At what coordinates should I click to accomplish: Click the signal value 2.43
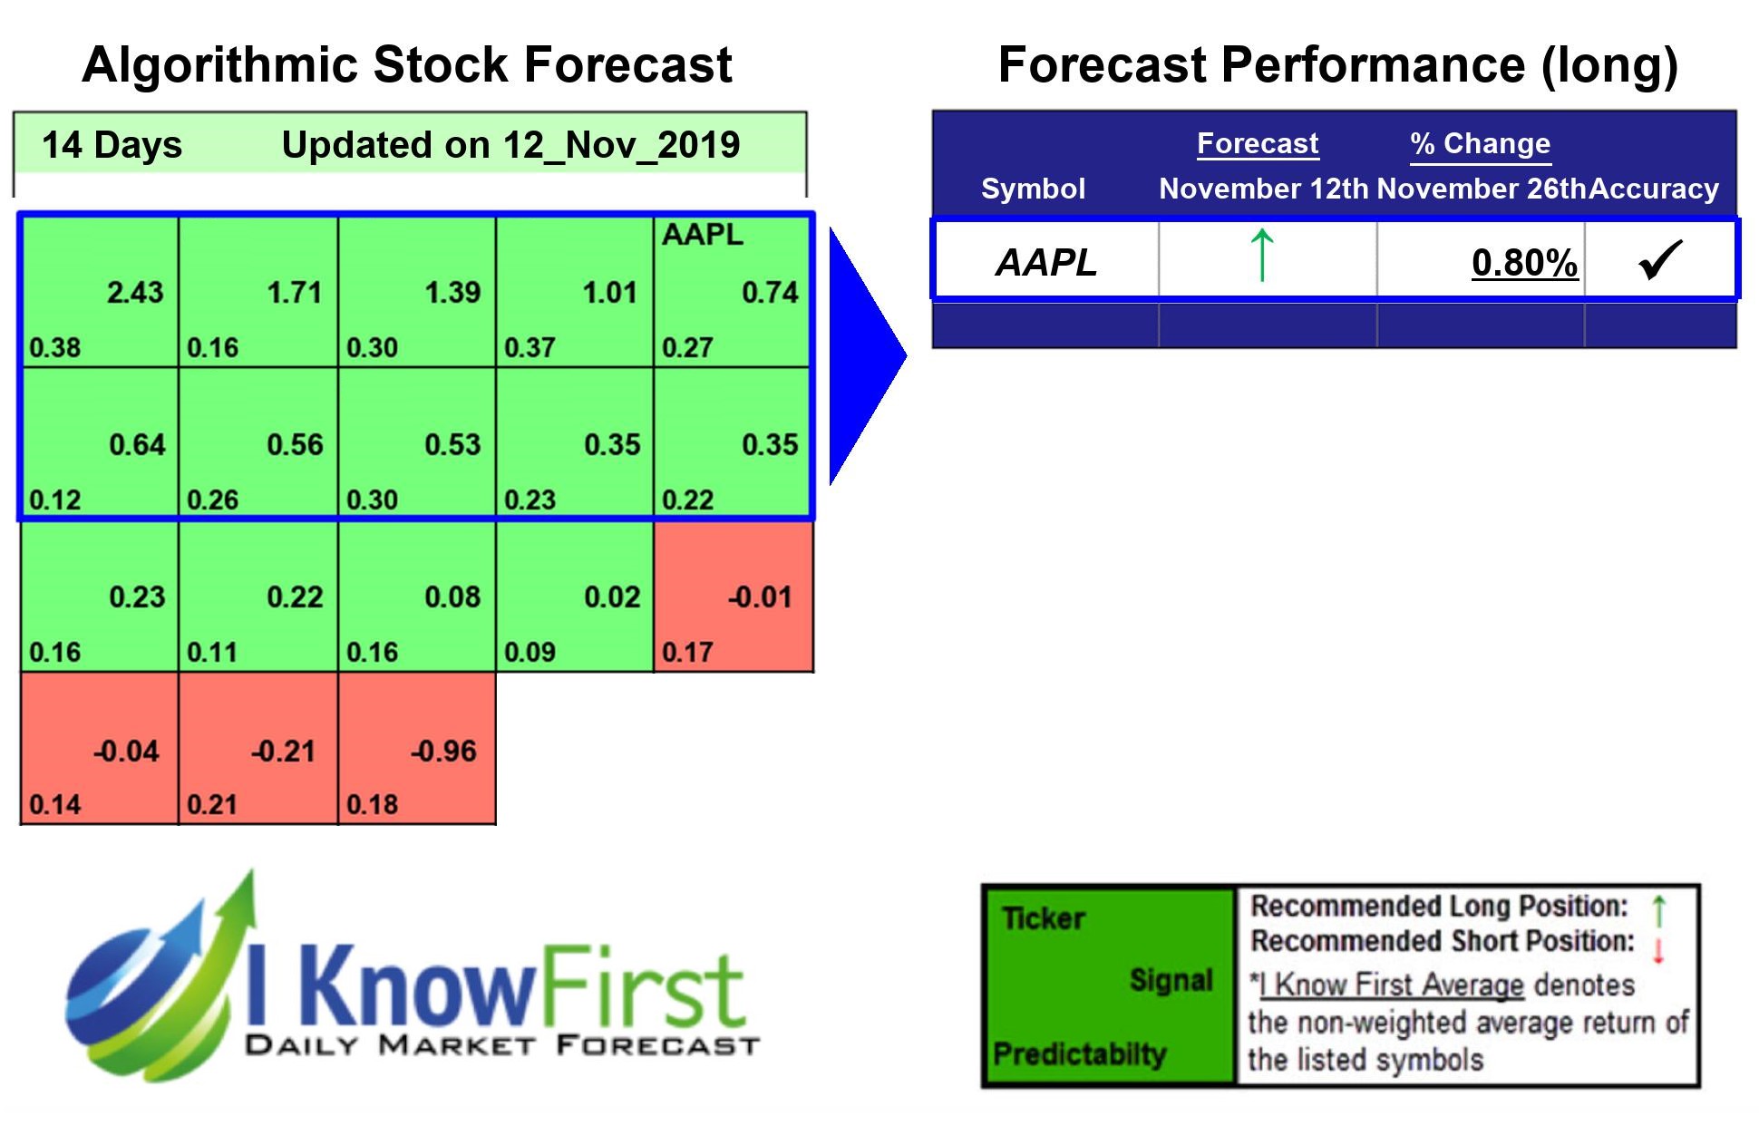pos(135,293)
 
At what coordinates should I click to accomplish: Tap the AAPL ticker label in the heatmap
pos(702,235)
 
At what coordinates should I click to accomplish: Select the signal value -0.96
pos(443,752)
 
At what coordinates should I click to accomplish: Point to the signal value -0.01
pos(760,597)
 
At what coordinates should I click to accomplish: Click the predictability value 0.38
pos(54,348)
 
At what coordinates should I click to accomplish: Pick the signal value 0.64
pos(137,445)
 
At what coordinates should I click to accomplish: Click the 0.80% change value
pos(1524,263)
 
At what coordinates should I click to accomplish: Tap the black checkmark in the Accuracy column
pos(1660,260)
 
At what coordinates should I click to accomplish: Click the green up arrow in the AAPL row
pos(1262,256)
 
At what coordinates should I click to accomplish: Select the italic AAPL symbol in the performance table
pos(1046,263)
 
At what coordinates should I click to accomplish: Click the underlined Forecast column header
pos(1257,143)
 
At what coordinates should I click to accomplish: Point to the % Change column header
pos(1480,143)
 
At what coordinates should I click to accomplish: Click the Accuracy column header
pos(1654,189)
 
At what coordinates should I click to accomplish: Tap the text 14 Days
pos(112,145)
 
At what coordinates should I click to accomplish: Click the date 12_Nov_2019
pos(621,145)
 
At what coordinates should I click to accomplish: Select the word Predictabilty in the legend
pos(1079,1054)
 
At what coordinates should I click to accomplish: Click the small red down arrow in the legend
pos(1658,951)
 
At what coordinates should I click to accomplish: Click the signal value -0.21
pos(283,752)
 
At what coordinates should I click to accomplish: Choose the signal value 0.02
pos(612,597)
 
